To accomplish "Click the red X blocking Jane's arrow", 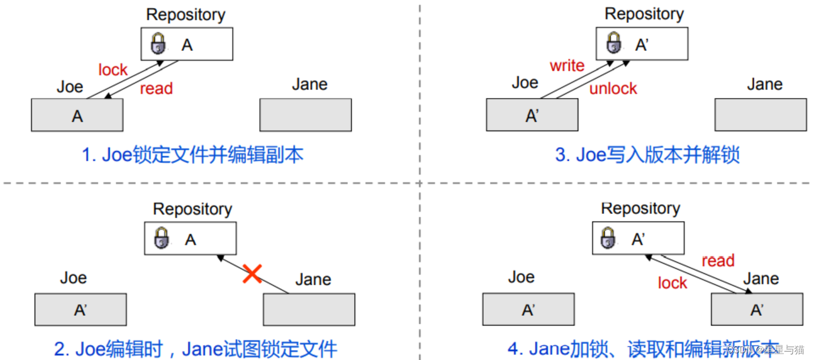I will [x=252, y=274].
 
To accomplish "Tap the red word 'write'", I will [x=567, y=66].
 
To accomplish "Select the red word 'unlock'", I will [x=613, y=88].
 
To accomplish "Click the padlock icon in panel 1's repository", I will [x=158, y=44].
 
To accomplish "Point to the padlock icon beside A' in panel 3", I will [x=614, y=43].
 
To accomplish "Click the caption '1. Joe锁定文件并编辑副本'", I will [x=192, y=155].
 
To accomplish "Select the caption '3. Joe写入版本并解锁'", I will [x=647, y=155].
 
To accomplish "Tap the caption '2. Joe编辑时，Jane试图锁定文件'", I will [x=196, y=349].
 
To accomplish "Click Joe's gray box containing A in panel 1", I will [x=77, y=115].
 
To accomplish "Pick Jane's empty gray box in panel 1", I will [x=306, y=115].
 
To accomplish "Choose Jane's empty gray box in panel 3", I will [x=760, y=115].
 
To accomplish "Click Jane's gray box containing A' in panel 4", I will [x=756, y=310].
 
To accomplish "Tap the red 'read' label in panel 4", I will [x=717, y=261].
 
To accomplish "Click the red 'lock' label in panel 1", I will [x=113, y=70].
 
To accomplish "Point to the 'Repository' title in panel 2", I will [x=192, y=209].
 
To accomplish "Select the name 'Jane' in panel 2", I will [x=313, y=280].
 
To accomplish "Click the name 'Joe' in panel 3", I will [x=524, y=83].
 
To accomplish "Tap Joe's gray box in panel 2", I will [x=80, y=310].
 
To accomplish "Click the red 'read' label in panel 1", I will [x=156, y=89].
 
